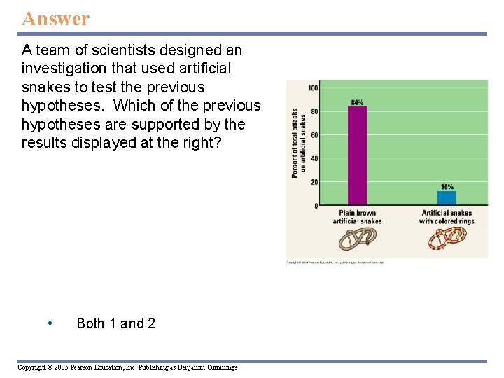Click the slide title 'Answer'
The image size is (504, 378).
point(56,18)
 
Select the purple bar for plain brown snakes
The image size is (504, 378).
point(357,155)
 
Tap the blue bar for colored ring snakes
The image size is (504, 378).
point(447,198)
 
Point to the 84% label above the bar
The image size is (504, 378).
point(357,102)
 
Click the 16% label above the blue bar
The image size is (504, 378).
point(447,187)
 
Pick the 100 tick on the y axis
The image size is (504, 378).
point(313,88)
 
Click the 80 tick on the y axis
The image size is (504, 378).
point(314,111)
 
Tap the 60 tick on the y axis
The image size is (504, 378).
point(314,135)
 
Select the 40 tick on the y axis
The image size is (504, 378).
point(314,159)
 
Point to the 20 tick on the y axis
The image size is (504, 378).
point(314,182)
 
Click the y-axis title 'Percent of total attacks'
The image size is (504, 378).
point(295,143)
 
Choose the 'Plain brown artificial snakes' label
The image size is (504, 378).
point(357,217)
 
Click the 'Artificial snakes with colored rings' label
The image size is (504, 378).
point(447,217)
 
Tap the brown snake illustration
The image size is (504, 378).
point(357,239)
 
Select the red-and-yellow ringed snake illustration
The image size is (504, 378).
point(447,239)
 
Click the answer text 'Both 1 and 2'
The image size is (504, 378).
point(115,323)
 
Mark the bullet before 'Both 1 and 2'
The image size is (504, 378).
point(50,323)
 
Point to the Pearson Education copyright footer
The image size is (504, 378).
point(127,367)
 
